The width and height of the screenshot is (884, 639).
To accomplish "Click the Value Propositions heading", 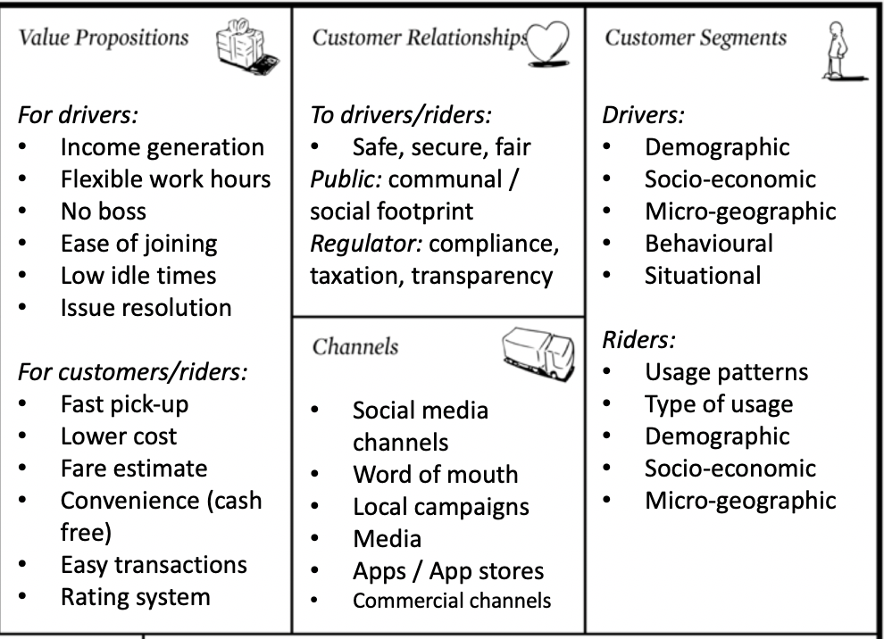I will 104,37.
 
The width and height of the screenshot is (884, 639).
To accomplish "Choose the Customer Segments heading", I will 696,37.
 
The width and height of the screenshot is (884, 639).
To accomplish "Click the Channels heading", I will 355,346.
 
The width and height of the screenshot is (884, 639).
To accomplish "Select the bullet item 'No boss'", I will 103,212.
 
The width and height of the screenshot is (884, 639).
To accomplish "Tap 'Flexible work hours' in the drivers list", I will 165,179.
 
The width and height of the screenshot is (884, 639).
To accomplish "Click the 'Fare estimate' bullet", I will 133,469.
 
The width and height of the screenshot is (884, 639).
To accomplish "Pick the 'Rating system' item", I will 135,597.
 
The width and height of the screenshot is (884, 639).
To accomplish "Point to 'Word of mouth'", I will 435,475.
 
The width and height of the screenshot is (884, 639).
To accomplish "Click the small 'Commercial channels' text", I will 452,601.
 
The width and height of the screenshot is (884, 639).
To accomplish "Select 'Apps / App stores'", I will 447,571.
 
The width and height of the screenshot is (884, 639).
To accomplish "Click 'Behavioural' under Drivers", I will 709,244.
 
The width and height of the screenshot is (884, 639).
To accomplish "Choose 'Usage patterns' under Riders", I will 726,372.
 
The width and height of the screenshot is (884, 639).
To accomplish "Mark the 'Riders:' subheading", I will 638,340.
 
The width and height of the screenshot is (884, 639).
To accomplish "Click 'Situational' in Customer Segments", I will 703,276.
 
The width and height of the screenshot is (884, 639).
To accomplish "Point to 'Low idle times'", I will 138,276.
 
